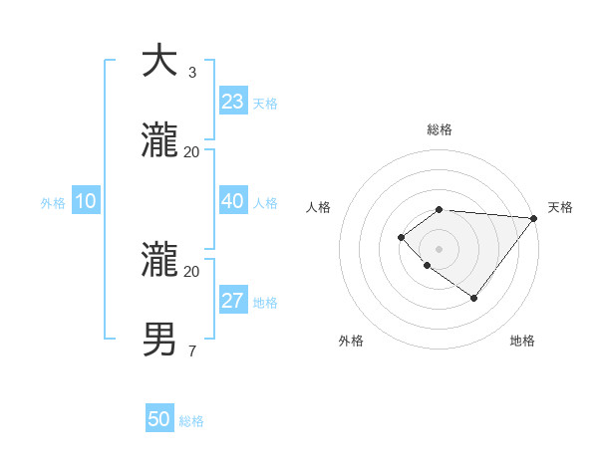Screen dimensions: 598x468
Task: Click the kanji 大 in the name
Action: pyautogui.click(x=159, y=62)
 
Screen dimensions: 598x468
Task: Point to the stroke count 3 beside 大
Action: pyautogui.click(x=192, y=73)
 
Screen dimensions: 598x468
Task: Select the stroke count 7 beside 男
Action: pyautogui.click(x=192, y=351)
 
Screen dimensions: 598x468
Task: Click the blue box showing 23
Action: pyautogui.click(x=233, y=102)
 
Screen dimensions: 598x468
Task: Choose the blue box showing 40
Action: pyautogui.click(x=233, y=201)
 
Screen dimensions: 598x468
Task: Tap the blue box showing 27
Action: pyautogui.click(x=233, y=301)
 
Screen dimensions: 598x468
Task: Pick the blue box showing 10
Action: pyautogui.click(x=85, y=201)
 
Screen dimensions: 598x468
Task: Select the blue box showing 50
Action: pyautogui.click(x=159, y=419)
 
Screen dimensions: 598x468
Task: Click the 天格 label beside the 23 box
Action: pyautogui.click(x=265, y=104)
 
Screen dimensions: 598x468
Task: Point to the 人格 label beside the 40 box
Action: pyautogui.click(x=265, y=203)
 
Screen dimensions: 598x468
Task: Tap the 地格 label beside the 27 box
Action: pyautogui.click(x=265, y=303)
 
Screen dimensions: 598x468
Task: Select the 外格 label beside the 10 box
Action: pyautogui.click(x=53, y=203)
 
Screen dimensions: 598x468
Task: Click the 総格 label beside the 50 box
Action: pyautogui.click(x=191, y=421)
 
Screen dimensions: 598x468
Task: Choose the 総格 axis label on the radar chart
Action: pyautogui.click(x=440, y=129)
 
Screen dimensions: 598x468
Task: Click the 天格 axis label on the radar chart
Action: pyautogui.click(x=560, y=207)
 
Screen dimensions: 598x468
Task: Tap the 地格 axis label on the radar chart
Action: pyautogui.click(x=522, y=341)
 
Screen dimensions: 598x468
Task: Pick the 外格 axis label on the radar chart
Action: pyautogui.click(x=351, y=341)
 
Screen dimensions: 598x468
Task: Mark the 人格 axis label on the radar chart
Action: pyautogui.click(x=318, y=207)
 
